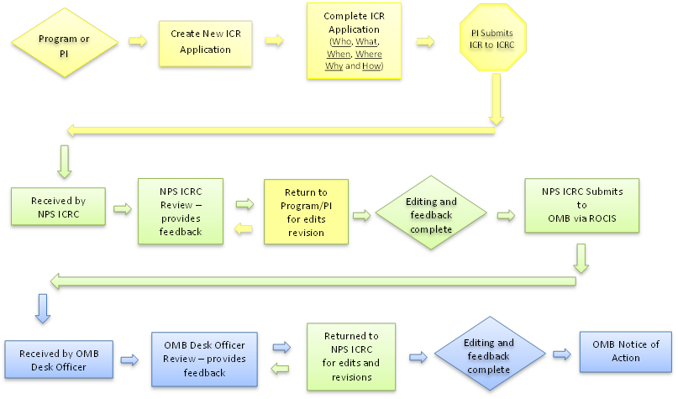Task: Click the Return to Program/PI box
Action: (x=306, y=212)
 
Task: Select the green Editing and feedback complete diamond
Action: (x=431, y=213)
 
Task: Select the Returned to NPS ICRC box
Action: (x=350, y=356)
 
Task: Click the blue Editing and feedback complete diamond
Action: (x=488, y=356)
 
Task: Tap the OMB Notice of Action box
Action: (x=625, y=351)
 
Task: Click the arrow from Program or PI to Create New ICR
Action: (x=135, y=40)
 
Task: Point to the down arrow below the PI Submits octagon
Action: (x=496, y=99)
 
